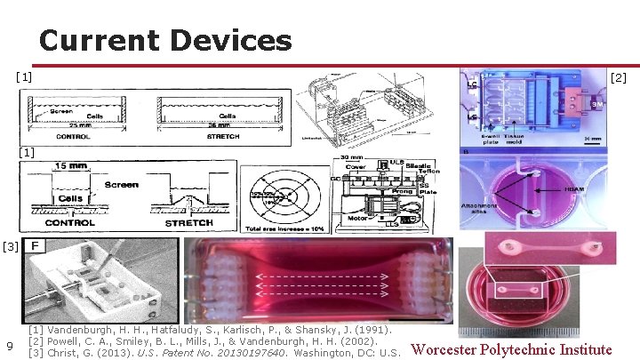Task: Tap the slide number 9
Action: [x=9, y=346]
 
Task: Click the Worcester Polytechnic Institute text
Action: [x=511, y=349]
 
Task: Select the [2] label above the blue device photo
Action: [x=619, y=78]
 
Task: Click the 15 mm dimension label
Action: [x=72, y=165]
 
